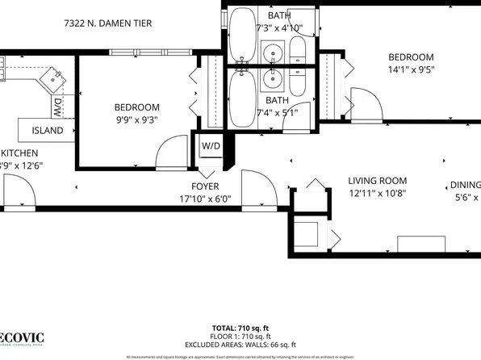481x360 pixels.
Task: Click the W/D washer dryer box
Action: (x=211, y=146)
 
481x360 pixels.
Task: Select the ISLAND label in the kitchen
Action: (x=48, y=130)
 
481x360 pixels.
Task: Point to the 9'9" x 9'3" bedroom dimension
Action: (x=136, y=120)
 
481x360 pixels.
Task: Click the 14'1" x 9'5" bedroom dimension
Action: (x=411, y=70)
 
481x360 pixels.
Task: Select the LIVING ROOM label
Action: (x=377, y=181)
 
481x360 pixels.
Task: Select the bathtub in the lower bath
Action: (x=242, y=98)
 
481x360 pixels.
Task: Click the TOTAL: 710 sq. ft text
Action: (x=240, y=329)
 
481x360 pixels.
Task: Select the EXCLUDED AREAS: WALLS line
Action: (x=240, y=345)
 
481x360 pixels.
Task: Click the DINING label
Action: (x=464, y=185)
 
